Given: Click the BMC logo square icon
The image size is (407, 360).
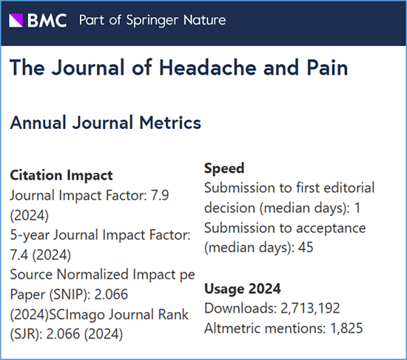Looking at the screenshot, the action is pos(16,20).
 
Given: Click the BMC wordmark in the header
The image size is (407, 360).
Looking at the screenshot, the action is pos(47,21).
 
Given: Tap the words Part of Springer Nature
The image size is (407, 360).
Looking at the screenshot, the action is pos(152,21).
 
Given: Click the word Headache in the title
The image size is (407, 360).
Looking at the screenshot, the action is pos(208,67).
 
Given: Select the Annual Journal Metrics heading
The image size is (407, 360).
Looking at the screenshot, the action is pos(105,122).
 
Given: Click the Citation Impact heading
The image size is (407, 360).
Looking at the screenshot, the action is pos(61,175).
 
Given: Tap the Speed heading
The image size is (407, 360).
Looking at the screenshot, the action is pos(224,168).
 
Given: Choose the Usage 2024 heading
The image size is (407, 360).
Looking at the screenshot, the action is pos(243,289).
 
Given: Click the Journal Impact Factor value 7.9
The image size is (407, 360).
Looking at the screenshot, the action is pos(160,196).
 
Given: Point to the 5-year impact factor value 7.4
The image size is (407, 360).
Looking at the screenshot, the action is pos(18,255).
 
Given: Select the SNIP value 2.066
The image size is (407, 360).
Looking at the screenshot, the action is pos(111,294).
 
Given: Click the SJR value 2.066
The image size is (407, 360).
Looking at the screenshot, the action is pos(63,334).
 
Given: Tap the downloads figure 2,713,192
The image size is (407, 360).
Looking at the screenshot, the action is pos(310,308).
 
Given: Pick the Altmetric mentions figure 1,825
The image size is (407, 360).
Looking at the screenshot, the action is pos(346,328).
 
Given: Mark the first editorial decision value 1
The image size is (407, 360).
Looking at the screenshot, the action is pos(357,208).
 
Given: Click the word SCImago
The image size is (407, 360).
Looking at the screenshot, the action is pos(77,315).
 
